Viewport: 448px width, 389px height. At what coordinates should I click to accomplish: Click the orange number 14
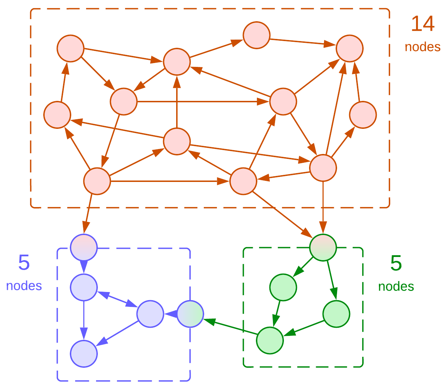coord(422,24)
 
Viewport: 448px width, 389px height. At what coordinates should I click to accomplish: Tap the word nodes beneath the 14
coord(422,47)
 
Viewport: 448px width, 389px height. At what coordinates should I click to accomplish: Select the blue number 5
coord(24,263)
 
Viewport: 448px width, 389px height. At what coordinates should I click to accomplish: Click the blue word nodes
coord(24,286)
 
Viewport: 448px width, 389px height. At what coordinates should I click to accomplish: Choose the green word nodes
coord(396,286)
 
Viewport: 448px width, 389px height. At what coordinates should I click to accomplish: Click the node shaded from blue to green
coord(190,314)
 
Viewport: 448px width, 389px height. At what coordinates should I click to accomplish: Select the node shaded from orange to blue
coord(84,247)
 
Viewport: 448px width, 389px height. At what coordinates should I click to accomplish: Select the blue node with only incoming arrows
coord(84,354)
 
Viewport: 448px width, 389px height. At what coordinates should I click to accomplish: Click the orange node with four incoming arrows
coord(349,48)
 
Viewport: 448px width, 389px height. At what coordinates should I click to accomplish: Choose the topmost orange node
coord(256,35)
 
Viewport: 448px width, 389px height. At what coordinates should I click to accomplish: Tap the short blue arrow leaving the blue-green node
coord(170,314)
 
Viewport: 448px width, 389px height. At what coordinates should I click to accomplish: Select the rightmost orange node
coord(363,115)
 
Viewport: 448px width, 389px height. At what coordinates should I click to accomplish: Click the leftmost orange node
coord(57,115)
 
